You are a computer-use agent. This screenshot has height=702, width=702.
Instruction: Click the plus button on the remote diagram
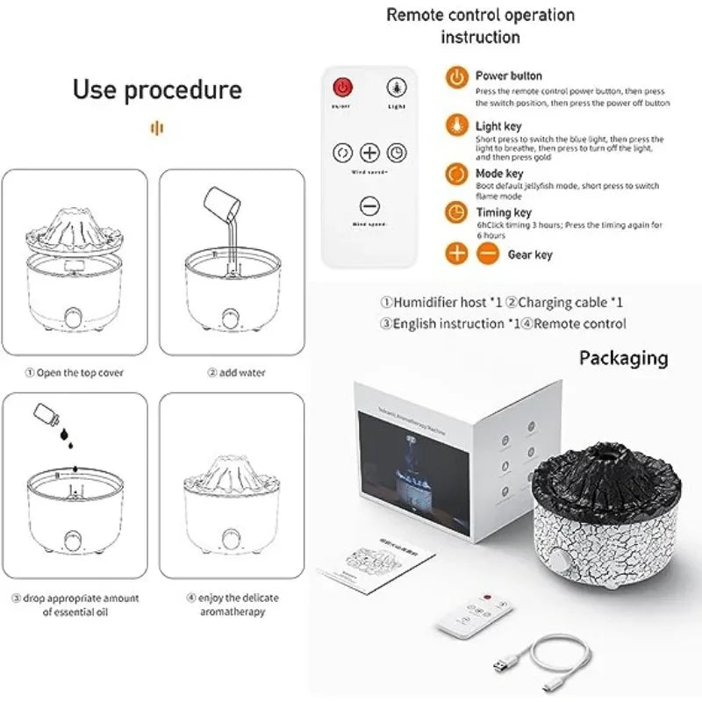(x=369, y=152)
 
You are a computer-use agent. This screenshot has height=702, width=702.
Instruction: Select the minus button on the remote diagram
(x=369, y=207)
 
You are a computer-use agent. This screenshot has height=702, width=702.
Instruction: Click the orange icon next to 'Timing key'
(x=455, y=212)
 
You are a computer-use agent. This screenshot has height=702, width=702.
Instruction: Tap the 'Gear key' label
(x=530, y=255)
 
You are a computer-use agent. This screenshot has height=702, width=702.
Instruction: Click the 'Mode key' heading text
(x=502, y=174)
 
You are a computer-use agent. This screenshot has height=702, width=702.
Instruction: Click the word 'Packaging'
(x=623, y=358)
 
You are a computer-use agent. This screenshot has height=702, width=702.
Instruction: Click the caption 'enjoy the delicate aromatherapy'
(x=225, y=605)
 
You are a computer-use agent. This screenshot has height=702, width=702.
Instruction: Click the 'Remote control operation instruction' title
(x=480, y=25)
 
